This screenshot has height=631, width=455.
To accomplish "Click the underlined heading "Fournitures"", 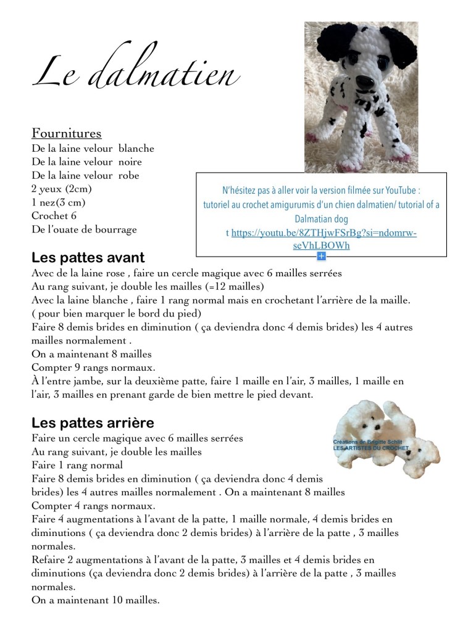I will [66, 133].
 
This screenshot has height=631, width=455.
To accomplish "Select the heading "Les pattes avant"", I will [88, 257].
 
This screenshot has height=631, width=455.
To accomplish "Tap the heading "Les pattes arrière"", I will [93, 423].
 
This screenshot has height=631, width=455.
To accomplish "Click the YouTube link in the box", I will [321, 239].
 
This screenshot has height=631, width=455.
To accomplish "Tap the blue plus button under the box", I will [321, 255].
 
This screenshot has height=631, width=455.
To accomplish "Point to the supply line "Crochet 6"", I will [54, 216].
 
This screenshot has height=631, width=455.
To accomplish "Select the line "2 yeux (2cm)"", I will [59, 189].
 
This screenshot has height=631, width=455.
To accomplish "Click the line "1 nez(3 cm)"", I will [59, 202].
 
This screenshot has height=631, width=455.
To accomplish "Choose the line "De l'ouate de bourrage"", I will [84, 229].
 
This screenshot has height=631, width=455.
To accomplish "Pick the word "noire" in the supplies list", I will [130, 162].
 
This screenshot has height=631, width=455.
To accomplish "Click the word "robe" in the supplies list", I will [128, 175].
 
